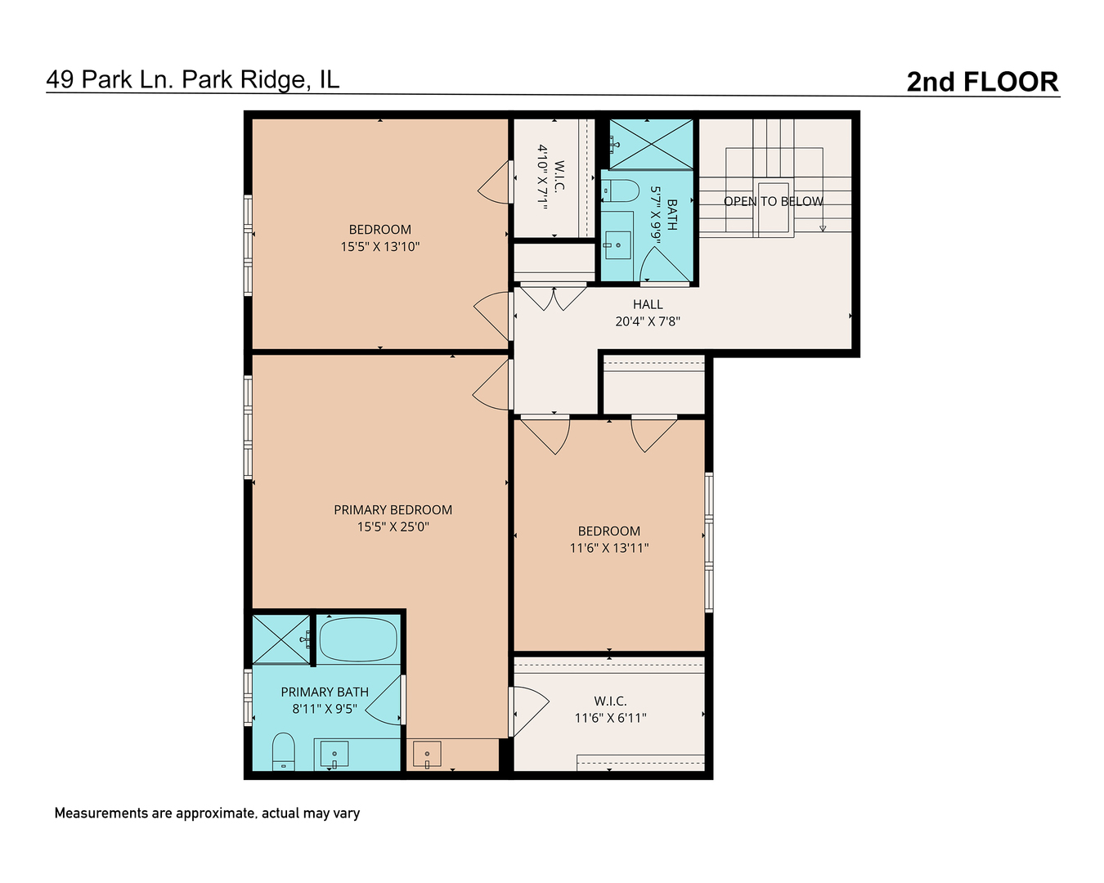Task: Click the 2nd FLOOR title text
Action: coord(982,82)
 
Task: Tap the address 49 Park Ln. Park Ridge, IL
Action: coord(193,79)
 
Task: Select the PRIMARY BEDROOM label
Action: coord(393,509)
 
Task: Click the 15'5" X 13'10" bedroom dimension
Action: coord(379,246)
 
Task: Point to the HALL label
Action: coord(648,304)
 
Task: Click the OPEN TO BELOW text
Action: coord(773,201)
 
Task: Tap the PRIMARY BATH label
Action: coord(325,692)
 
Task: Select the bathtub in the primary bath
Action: coord(357,639)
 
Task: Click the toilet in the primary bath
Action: coord(283,751)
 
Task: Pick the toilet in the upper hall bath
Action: coord(621,191)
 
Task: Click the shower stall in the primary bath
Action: coord(280,639)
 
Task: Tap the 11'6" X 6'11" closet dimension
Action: coord(610,718)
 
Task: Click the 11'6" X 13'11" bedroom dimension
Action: coord(609,548)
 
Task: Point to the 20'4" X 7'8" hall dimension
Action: coord(648,321)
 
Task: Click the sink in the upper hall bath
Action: coord(617,244)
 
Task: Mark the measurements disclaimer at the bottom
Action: coord(207,814)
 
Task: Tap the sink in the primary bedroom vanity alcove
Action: coord(427,754)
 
